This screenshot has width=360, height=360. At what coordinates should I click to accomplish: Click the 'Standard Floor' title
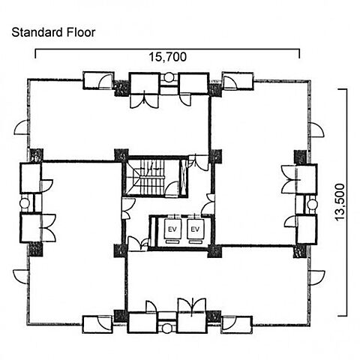pyautogui.click(x=53, y=32)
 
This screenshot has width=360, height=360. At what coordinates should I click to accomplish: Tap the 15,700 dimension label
pyautogui.click(x=168, y=57)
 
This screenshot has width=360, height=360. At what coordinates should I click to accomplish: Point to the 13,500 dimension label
pyautogui.click(x=340, y=202)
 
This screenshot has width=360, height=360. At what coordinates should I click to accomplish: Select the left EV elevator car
pyautogui.click(x=172, y=229)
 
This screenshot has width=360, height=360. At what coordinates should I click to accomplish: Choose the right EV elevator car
pyautogui.click(x=195, y=229)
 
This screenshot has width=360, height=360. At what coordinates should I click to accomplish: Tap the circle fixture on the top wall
pyautogui.click(x=169, y=76)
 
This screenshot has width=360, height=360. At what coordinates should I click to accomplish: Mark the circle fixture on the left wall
pyautogui.click(x=25, y=202)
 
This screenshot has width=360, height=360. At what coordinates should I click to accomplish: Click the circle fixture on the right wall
pyautogui.click(x=312, y=204)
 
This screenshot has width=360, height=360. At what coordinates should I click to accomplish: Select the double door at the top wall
pyautogui.click(x=145, y=100)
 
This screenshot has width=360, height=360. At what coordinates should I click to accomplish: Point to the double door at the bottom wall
pyautogui.click(x=192, y=306)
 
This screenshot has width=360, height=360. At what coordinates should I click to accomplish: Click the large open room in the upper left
pyautogui.click(x=118, y=125)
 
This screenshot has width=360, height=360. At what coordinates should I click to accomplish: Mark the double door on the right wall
pyautogui.click(x=289, y=179)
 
